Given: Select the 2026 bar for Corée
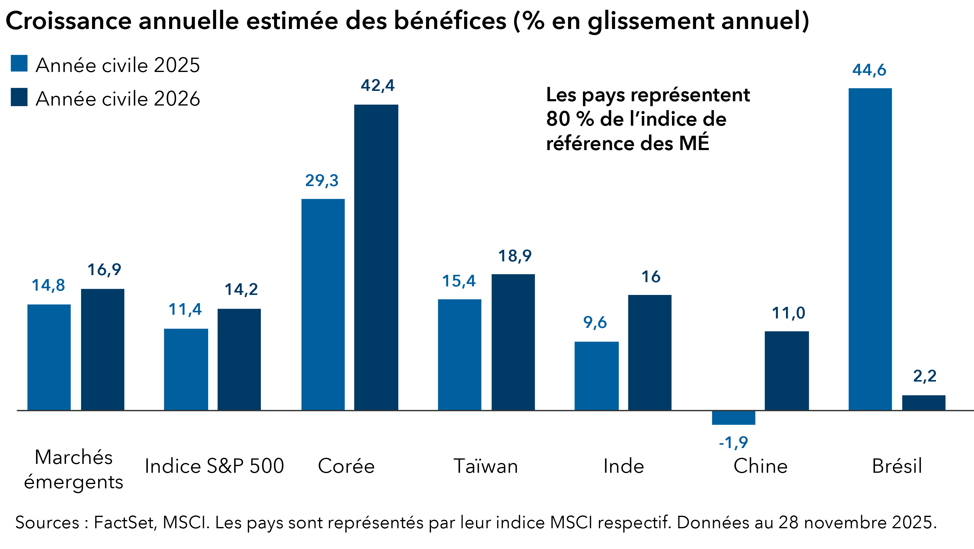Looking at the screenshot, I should coord(376,257).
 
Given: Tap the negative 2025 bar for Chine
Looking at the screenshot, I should coord(734,418).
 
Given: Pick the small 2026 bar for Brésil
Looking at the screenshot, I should coord(923,403).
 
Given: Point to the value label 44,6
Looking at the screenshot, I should coord(869,70).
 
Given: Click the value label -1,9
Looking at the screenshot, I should coord(733,442).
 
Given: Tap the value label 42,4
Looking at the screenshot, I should coord(377,85).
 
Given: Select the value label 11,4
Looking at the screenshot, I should coord(185,310).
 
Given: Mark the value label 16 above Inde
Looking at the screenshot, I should coord(651,277).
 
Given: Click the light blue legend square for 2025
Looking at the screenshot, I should coord(19,63).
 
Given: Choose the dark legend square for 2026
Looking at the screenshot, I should coord(19,97).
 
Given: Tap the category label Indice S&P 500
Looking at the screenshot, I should coord(214,466).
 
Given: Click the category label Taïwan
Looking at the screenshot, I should coord(485,466).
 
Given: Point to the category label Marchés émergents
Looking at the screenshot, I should coord(73,469).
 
